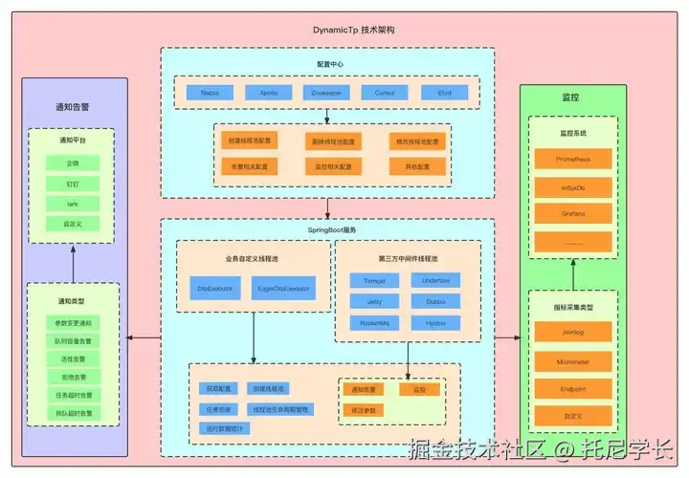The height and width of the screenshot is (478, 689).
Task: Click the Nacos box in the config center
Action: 211,93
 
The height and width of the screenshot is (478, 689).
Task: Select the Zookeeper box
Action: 326,93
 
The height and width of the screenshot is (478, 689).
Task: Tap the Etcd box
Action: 445,93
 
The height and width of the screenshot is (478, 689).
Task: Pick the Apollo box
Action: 269,93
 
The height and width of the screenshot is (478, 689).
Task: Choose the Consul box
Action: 385,93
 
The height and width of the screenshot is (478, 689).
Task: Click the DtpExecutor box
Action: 215,287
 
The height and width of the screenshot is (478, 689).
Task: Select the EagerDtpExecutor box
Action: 284,287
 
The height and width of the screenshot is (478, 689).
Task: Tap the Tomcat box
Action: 374,280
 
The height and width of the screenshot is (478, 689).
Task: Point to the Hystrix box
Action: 435,323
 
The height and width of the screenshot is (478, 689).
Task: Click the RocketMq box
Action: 374,323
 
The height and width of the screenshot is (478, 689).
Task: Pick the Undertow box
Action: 435,280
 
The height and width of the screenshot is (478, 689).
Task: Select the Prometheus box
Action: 572,158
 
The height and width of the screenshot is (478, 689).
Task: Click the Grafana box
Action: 572,213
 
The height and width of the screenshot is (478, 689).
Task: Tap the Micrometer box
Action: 572,361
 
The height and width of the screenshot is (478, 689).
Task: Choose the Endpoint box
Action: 572,389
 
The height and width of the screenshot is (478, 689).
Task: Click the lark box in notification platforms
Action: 73,204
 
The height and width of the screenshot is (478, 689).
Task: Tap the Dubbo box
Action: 435,301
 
